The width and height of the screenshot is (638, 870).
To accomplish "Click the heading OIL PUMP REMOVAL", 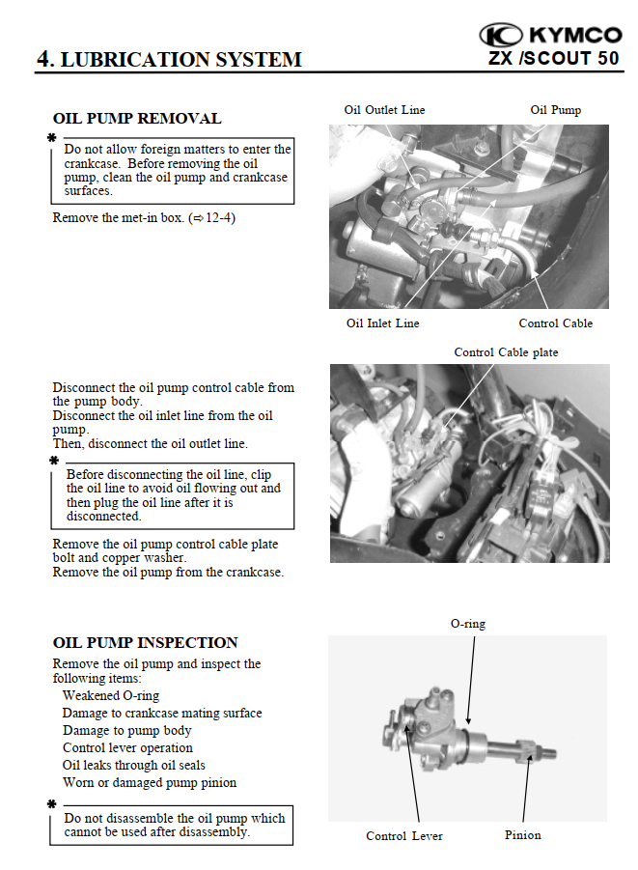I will tap(136, 119).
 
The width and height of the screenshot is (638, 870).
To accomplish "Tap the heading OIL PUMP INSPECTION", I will tap(145, 642).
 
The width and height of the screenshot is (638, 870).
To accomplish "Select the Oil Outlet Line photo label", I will tap(384, 110).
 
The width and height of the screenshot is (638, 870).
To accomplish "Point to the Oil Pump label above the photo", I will tap(556, 110).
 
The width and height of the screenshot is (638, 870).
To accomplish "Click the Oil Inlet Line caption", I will tap(382, 323).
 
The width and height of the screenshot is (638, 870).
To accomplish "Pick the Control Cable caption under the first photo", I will tap(555, 323).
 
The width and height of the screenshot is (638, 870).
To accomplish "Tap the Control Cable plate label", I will tap(506, 352).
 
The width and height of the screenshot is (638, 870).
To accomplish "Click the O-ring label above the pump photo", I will tap(468, 624).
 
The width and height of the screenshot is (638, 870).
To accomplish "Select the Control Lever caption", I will tap(404, 835).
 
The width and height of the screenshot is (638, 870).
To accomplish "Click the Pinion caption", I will tap(523, 834).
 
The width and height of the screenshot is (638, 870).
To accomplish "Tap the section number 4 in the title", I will tap(43, 59).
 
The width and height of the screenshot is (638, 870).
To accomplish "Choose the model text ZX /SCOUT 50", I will tap(553, 58).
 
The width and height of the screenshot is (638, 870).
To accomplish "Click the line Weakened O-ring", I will tap(111, 695).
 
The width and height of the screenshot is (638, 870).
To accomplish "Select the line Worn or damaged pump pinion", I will tap(149, 782).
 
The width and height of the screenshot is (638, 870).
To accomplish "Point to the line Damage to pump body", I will tap(126, 730).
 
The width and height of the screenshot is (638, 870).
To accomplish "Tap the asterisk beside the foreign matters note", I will tap(52, 139).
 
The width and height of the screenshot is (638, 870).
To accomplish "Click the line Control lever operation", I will tap(127, 747).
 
